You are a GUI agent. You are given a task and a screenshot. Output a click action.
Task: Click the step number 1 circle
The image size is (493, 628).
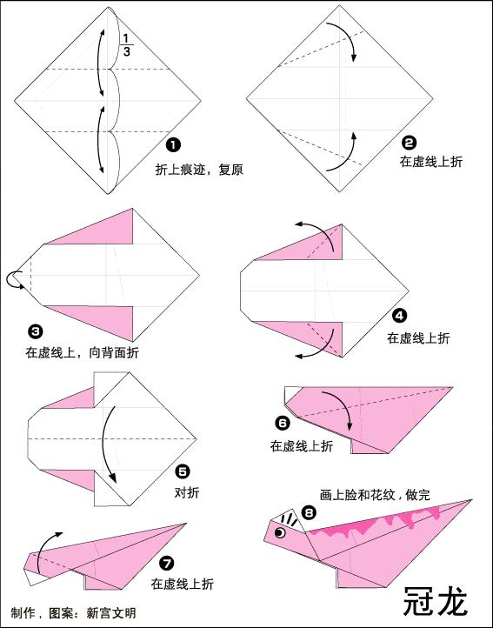(x=174, y=144)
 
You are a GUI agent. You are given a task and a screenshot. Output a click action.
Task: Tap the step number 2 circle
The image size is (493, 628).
(x=409, y=144)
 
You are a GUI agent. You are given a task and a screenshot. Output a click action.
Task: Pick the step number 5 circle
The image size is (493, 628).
(x=183, y=471)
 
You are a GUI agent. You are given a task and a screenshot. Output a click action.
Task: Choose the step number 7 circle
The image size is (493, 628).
(x=167, y=563)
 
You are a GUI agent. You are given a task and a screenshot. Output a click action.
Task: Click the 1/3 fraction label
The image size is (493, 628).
(x=126, y=46)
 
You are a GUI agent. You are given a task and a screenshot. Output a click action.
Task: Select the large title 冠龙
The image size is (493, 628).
(x=435, y=600)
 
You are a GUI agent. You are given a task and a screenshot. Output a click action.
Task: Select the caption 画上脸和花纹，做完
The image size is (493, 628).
(x=374, y=494)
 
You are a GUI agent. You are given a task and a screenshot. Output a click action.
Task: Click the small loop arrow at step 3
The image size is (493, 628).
(x=15, y=278)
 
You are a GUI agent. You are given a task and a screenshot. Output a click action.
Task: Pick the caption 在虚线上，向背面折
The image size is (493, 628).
(x=82, y=353)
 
